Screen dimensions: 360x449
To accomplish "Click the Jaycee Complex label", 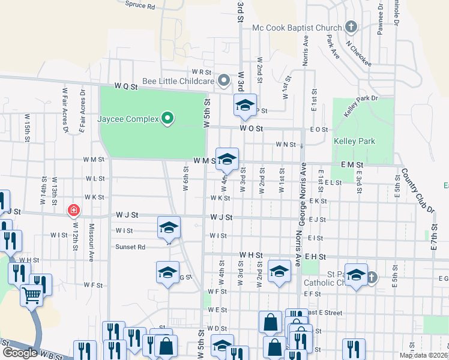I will click(x=128, y=119).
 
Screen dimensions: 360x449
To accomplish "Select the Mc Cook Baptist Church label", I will click(x=297, y=28).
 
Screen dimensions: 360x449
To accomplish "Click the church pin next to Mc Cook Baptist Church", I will click(x=351, y=27).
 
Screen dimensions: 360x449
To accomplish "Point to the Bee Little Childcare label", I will click(x=178, y=81).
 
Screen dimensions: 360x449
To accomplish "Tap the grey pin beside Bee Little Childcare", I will click(x=224, y=80).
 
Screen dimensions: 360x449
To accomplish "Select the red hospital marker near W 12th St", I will click(x=73, y=210).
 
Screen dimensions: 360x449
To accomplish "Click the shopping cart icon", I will click(x=31, y=295).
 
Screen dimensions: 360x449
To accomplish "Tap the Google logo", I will click(x=19, y=352).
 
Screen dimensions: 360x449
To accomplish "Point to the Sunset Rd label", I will click(x=131, y=247).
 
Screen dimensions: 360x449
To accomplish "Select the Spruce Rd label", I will click(x=140, y=5).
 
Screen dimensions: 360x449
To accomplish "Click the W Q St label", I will click(x=126, y=87).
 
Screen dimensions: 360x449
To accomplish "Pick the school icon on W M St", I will click(x=227, y=160).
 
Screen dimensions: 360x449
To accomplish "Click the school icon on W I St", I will click(x=169, y=227).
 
